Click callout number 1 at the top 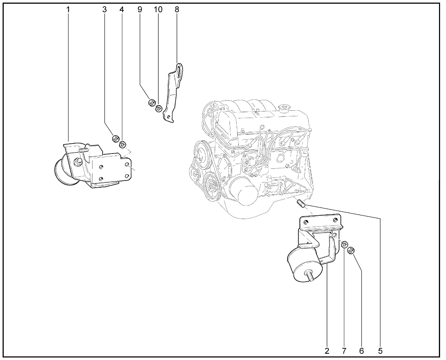(x=68, y=9)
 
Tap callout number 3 (x=105, y=9)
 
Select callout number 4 (x=122, y=9)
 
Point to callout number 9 (x=140, y=9)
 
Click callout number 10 (x=158, y=9)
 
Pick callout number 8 (x=177, y=9)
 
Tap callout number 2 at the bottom (x=327, y=351)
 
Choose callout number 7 (x=344, y=351)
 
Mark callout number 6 (x=361, y=351)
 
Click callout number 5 (x=380, y=351)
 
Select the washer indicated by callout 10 (x=159, y=109)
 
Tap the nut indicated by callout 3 (x=116, y=139)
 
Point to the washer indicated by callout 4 (x=122, y=144)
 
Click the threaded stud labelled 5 (x=301, y=204)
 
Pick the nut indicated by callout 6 (x=351, y=250)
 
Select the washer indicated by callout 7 (x=345, y=244)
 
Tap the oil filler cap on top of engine (x=285, y=108)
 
